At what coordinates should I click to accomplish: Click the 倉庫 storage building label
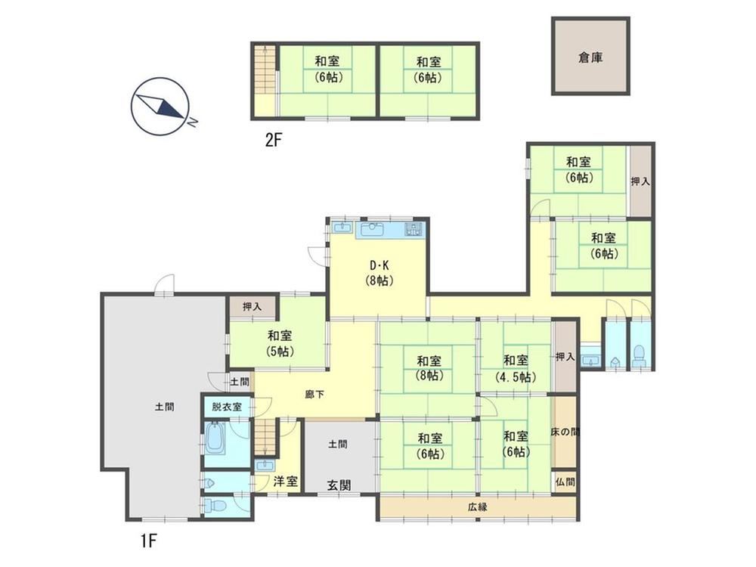(x=590, y=58)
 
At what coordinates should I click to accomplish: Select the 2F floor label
(x=274, y=141)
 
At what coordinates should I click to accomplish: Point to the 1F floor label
(x=149, y=541)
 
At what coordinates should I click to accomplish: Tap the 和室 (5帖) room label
(x=280, y=342)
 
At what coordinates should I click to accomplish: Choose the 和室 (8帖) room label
(x=429, y=367)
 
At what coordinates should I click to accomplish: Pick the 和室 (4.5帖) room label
(x=516, y=368)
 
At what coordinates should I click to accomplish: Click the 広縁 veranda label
(x=477, y=507)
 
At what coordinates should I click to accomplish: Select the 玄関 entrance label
(x=339, y=485)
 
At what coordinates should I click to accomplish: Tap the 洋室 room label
(x=286, y=481)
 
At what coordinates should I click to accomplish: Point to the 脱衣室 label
(x=227, y=407)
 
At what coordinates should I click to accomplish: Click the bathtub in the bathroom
(x=215, y=438)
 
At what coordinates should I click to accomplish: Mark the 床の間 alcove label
(x=565, y=432)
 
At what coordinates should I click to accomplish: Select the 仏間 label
(x=565, y=481)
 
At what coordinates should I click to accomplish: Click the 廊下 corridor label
(x=314, y=395)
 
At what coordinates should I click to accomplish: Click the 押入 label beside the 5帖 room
(x=253, y=306)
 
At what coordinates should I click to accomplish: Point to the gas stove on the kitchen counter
(x=414, y=229)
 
